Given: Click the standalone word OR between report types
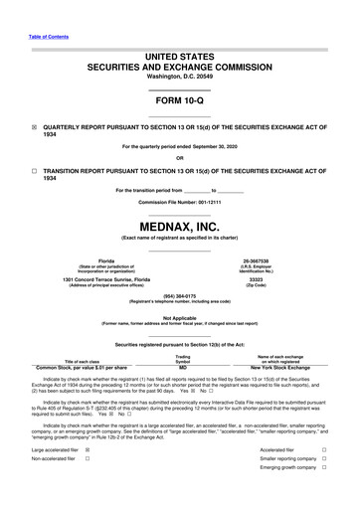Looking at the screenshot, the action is pyautogui.click(x=179, y=157).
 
